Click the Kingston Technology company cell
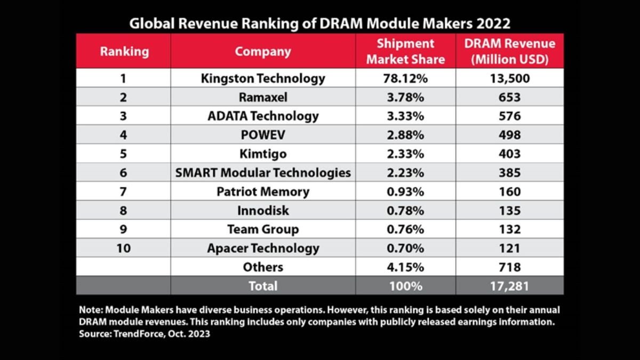tap(263, 78)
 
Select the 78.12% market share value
tap(405, 78)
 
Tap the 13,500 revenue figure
tap(509, 78)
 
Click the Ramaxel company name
tap(263, 97)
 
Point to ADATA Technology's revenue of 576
tap(509, 116)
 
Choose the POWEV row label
tap(263, 135)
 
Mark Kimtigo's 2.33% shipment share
tap(405, 154)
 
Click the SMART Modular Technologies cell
tap(263, 173)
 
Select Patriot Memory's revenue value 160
tap(509, 191)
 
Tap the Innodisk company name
tap(263, 211)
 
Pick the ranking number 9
tap(123, 229)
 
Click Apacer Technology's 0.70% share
tap(405, 248)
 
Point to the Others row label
tap(263, 267)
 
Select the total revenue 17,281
tap(509, 286)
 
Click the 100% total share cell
tap(405, 286)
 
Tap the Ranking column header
tap(123, 51)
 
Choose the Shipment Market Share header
tap(405, 51)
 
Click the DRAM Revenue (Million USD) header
tap(509, 51)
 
